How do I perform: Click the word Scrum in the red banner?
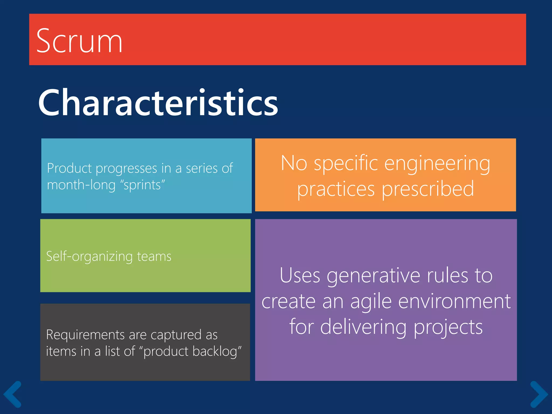[x=79, y=41]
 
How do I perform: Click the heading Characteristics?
[x=158, y=103]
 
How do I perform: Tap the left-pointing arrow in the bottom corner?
[x=12, y=394]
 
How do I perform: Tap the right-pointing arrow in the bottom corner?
[x=539, y=394]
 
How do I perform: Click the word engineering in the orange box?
[x=437, y=163]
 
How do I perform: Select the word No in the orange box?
[x=294, y=163]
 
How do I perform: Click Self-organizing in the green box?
[x=89, y=256]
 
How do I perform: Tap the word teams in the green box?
[x=154, y=256]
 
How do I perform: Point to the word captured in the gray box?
[x=176, y=335]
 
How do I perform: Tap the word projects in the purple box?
[x=448, y=327]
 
